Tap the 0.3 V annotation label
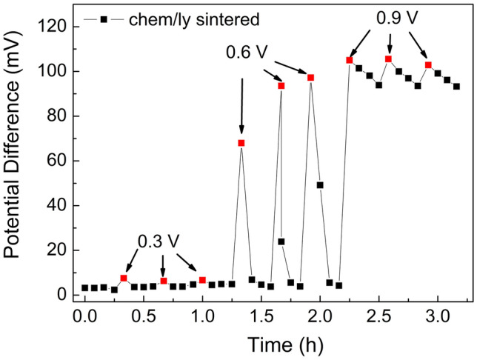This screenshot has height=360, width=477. coord(160,241)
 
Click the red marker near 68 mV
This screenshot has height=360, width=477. coord(241,143)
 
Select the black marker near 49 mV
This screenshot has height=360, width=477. coord(320,185)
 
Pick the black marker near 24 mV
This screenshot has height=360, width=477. coord(281,241)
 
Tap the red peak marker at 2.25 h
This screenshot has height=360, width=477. coord(349,60)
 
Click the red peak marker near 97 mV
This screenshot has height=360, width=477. coord(311,78)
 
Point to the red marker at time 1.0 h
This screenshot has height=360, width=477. coord(202,280)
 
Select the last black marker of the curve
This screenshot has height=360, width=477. coord(456,86)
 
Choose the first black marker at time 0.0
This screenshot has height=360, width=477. coord(85,287)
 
